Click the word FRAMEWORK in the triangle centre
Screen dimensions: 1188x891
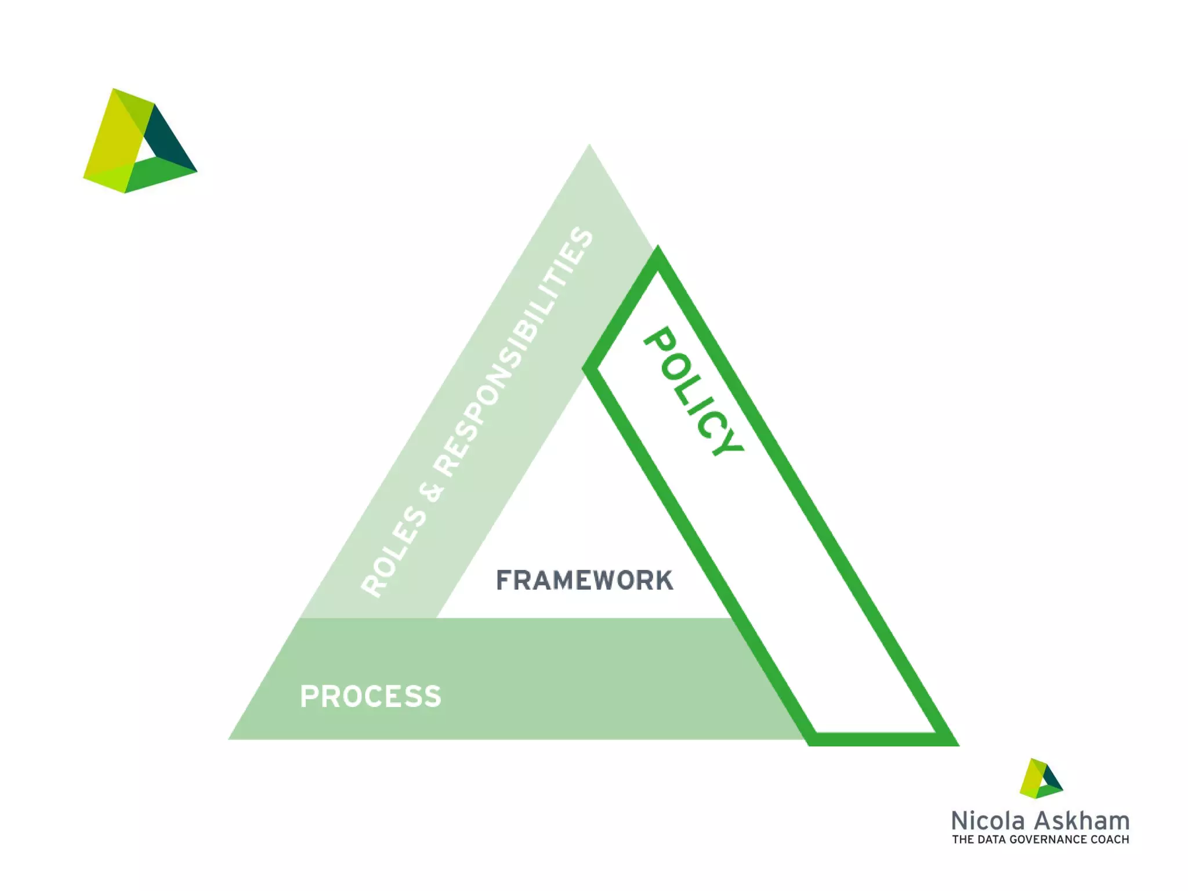point(584,580)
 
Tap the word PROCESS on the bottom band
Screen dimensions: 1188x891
point(370,696)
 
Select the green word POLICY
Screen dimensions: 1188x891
point(694,391)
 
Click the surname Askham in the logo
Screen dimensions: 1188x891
point(1082,821)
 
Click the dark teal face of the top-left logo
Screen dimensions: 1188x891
point(168,142)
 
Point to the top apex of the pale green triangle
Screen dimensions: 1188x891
point(589,146)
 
